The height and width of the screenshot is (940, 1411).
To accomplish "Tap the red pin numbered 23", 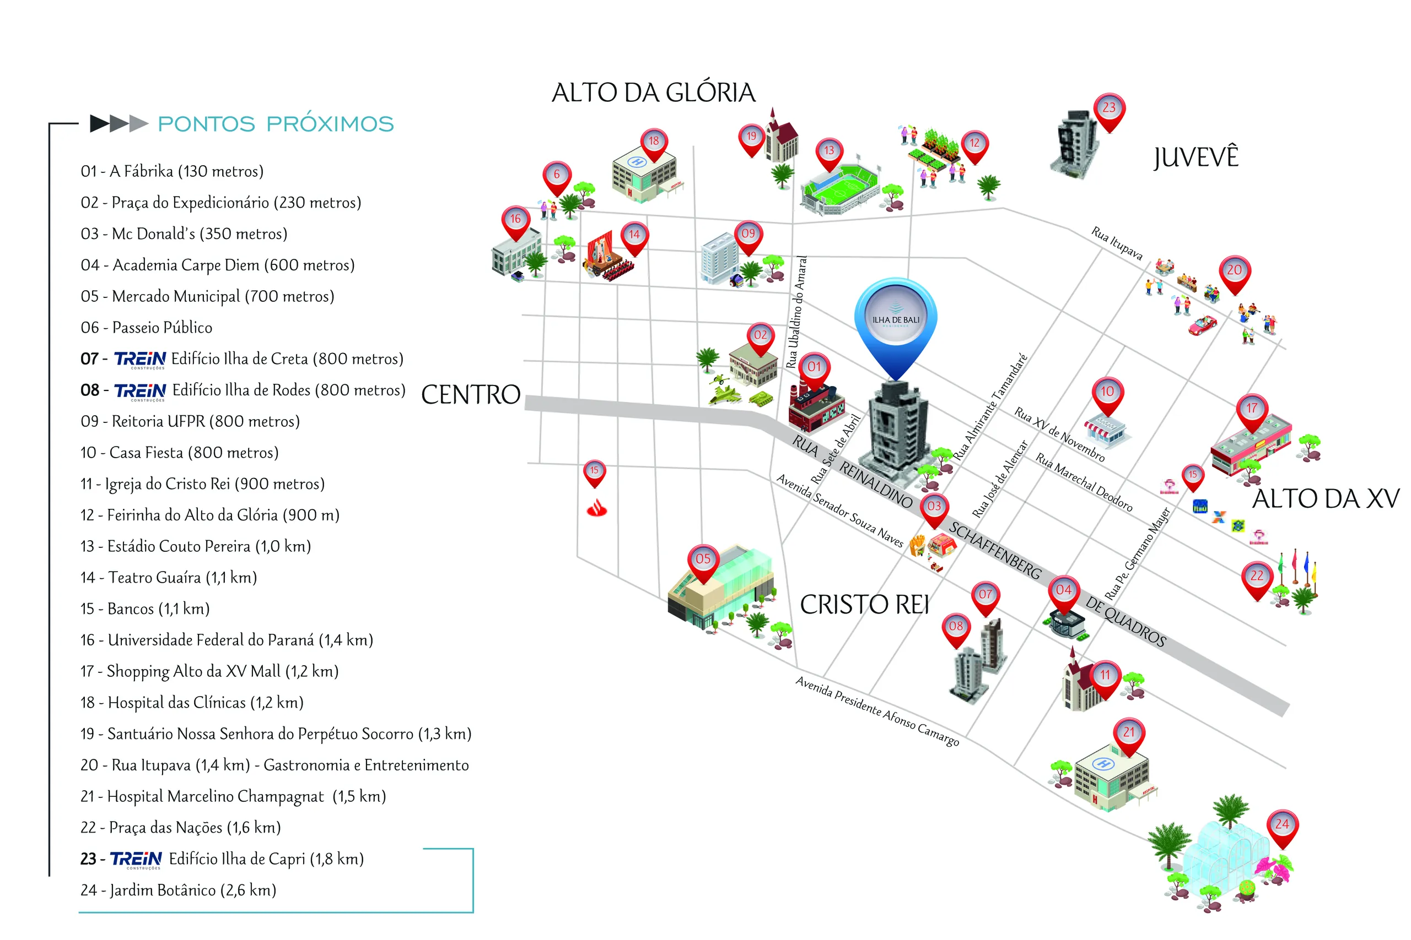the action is pos(1110,113).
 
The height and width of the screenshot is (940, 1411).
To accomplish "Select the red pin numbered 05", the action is pos(703,563).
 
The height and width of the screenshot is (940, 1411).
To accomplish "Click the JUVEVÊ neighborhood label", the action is pos(1195,157).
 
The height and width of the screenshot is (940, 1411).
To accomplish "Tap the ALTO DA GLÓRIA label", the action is pos(653,93).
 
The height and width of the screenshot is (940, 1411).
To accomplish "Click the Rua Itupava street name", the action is pos(1117,243).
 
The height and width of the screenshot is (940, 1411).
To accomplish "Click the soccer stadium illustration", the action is pos(840,188).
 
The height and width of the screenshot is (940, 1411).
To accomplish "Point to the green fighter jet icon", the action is pos(725,394).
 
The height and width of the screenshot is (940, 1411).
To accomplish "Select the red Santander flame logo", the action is pos(596,508).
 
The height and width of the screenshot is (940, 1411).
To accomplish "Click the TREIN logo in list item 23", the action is pos(136,860).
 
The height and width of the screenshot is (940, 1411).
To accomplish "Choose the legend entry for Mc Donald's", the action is pos(184,234).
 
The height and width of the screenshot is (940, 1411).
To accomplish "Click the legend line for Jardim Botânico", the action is pos(178,890).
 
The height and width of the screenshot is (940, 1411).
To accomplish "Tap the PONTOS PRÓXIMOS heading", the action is pos(276,123).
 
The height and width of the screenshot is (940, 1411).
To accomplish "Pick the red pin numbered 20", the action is pos(1234,275).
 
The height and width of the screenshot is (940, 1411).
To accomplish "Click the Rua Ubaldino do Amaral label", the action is pos(796,312).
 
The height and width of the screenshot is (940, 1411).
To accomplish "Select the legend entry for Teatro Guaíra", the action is pos(169,578).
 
